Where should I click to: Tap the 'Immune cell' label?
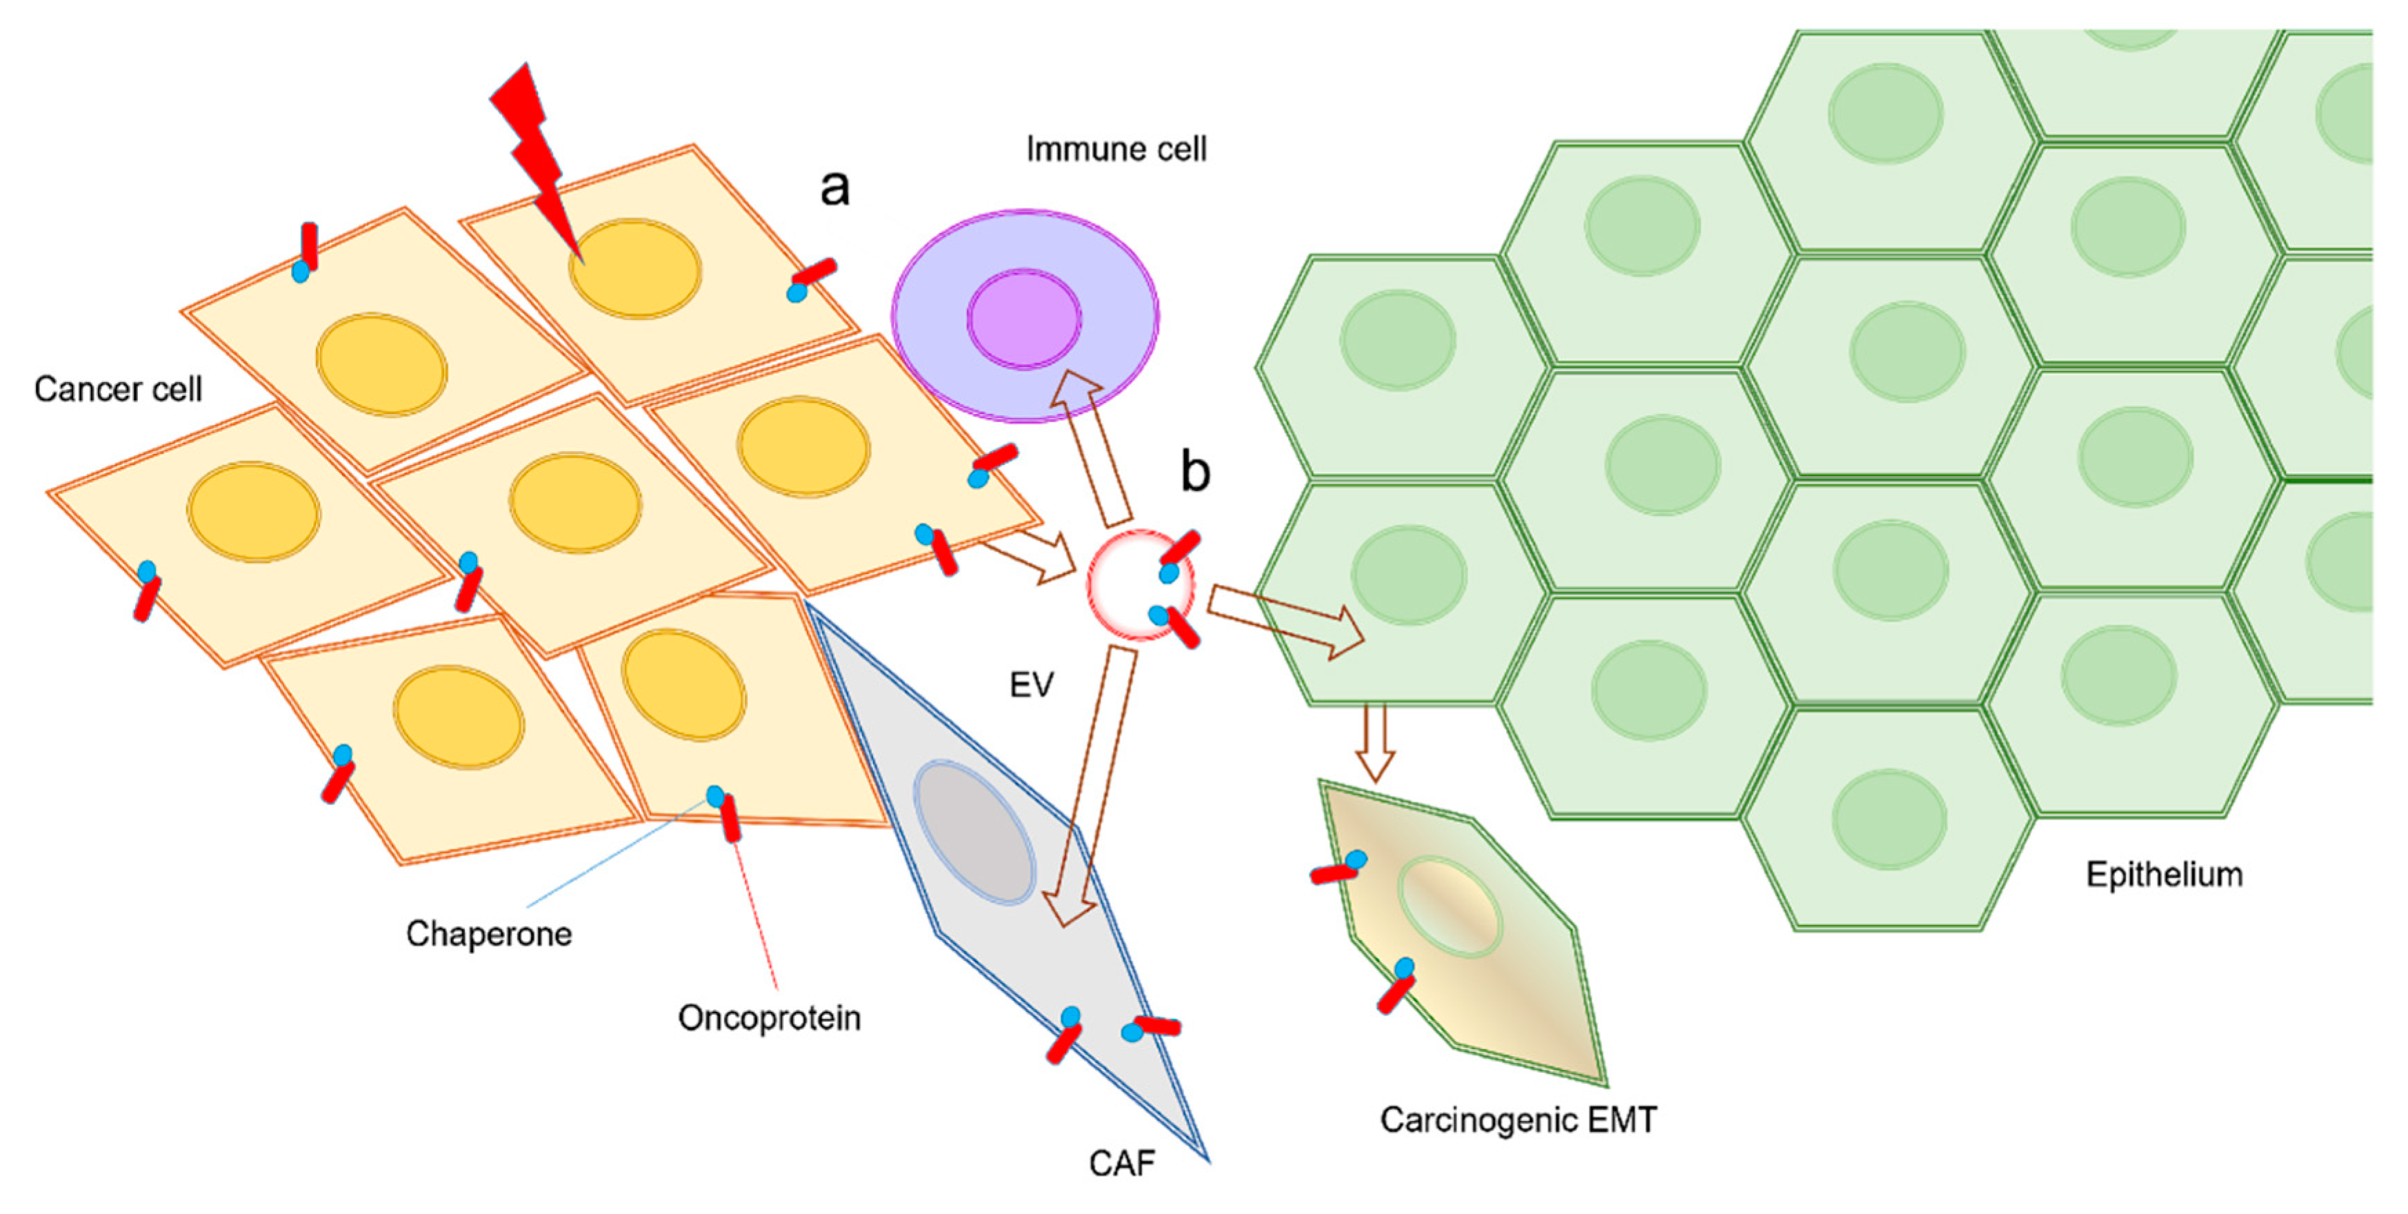pyautogui.click(x=1116, y=150)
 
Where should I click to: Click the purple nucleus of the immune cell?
pyautogui.click(x=1023, y=318)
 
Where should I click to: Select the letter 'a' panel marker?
pyautogui.click(x=835, y=187)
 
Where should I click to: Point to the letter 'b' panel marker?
pyautogui.click(x=1194, y=470)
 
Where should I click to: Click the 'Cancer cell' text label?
pyautogui.click(x=118, y=389)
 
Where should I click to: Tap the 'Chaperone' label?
pyautogui.click(x=488, y=933)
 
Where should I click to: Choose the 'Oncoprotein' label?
pyautogui.click(x=768, y=1017)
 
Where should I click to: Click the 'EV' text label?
pyautogui.click(x=1031, y=686)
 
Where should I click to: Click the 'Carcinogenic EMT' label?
pyautogui.click(x=1518, y=1120)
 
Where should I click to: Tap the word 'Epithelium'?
pyautogui.click(x=2164, y=875)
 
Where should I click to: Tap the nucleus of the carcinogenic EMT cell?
pyautogui.click(x=1449, y=906)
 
